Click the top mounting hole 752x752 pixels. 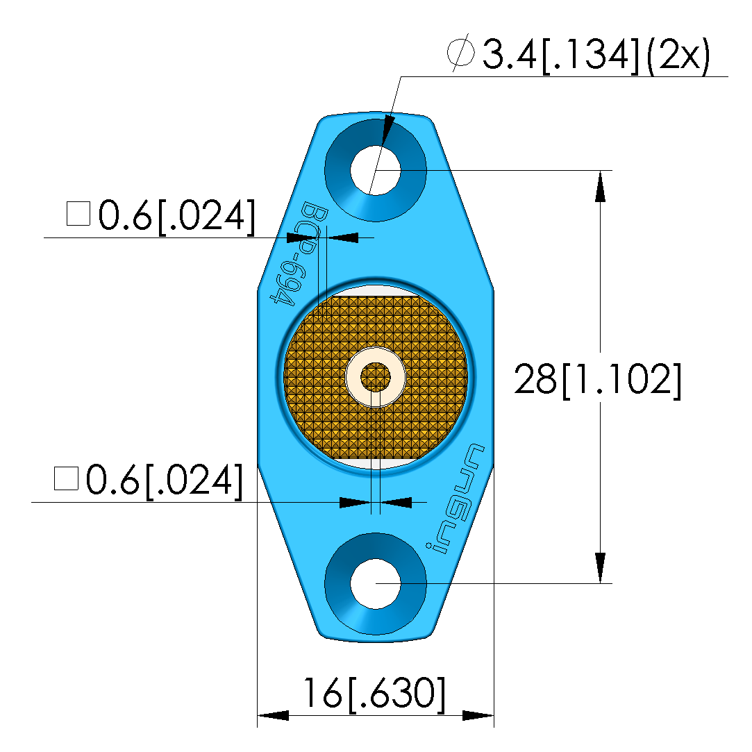[x=376, y=170]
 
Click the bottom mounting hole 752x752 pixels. [x=376, y=584]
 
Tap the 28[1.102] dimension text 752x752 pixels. [x=598, y=379]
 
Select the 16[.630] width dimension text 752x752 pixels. [x=374, y=693]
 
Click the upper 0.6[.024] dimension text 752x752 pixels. [x=160, y=217]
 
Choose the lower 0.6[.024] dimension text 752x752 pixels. [x=149, y=481]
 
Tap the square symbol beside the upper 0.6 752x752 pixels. [x=78, y=214]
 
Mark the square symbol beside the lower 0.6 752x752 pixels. [x=66, y=478]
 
